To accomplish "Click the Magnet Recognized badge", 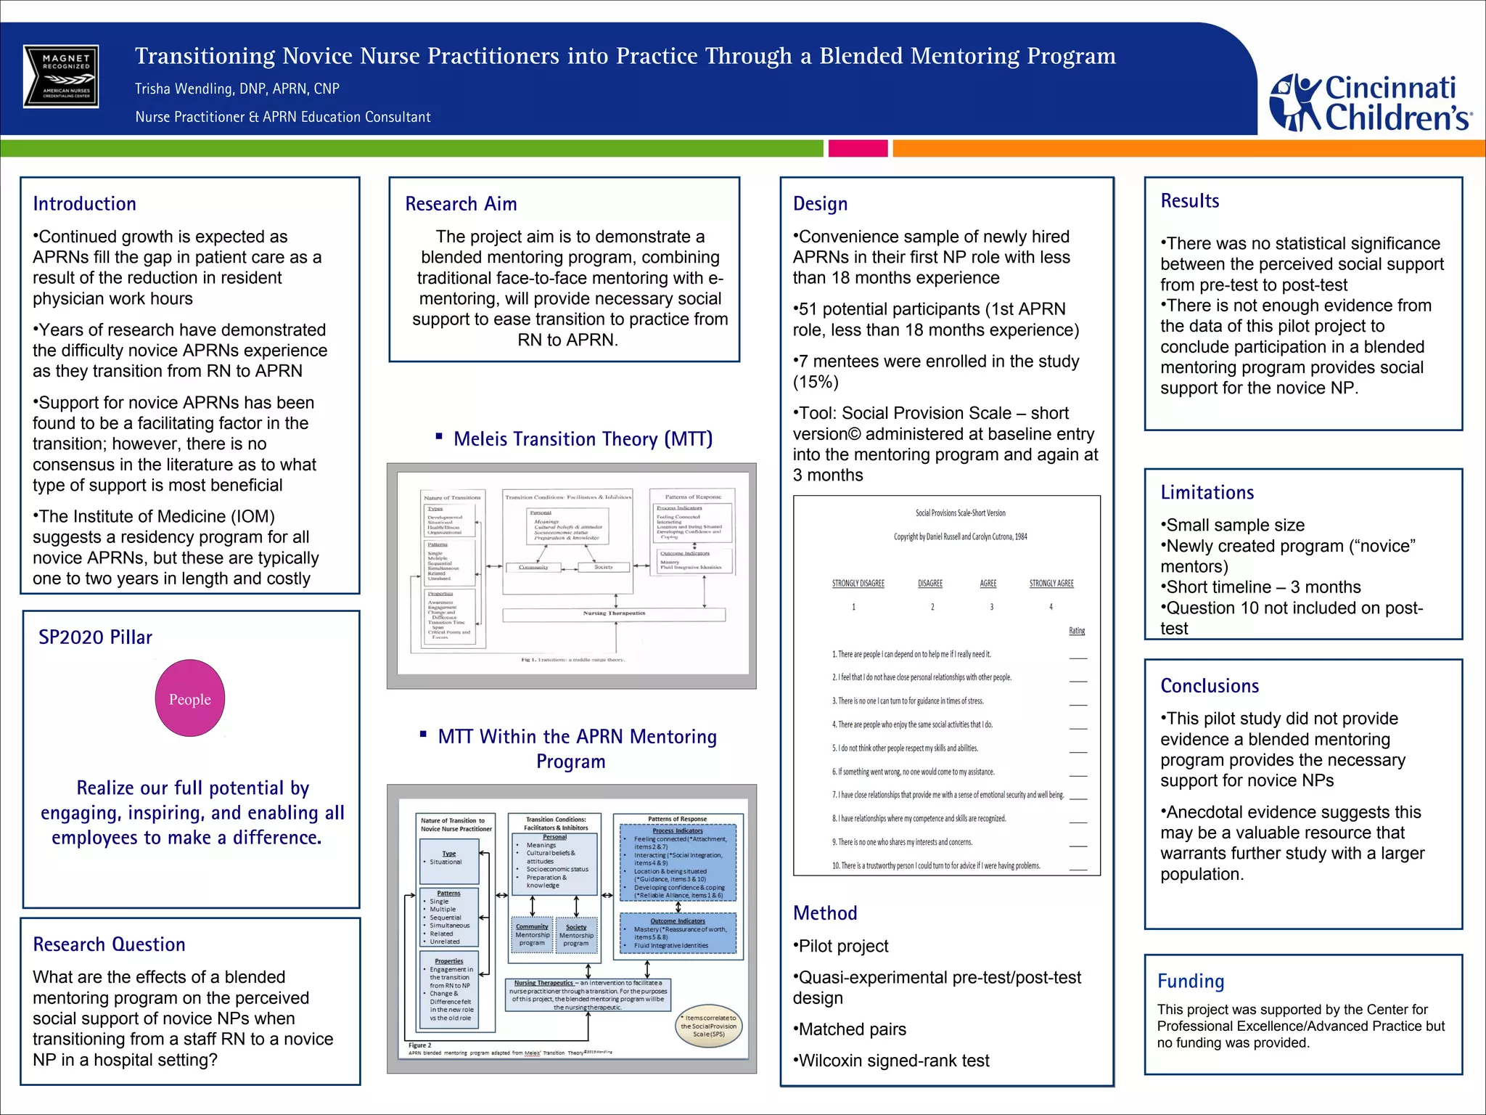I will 61,76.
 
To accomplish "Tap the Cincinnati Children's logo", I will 1370,102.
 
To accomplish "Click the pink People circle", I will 190,698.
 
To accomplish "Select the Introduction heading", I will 85,204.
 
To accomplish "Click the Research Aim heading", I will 461,204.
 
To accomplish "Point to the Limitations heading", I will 1207,493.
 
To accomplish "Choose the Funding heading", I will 1191,981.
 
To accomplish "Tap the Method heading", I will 825,913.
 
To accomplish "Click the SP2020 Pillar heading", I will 95,637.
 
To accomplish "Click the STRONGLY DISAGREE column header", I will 858,584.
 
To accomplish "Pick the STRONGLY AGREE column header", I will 1051,584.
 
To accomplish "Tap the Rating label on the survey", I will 1077,631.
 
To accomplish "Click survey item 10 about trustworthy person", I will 936,866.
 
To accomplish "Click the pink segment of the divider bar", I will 858,149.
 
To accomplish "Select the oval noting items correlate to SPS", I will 709,1026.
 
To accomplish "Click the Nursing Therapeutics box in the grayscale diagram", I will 614,614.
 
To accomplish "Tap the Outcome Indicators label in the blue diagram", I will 678,921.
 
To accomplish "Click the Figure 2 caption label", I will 420,1045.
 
